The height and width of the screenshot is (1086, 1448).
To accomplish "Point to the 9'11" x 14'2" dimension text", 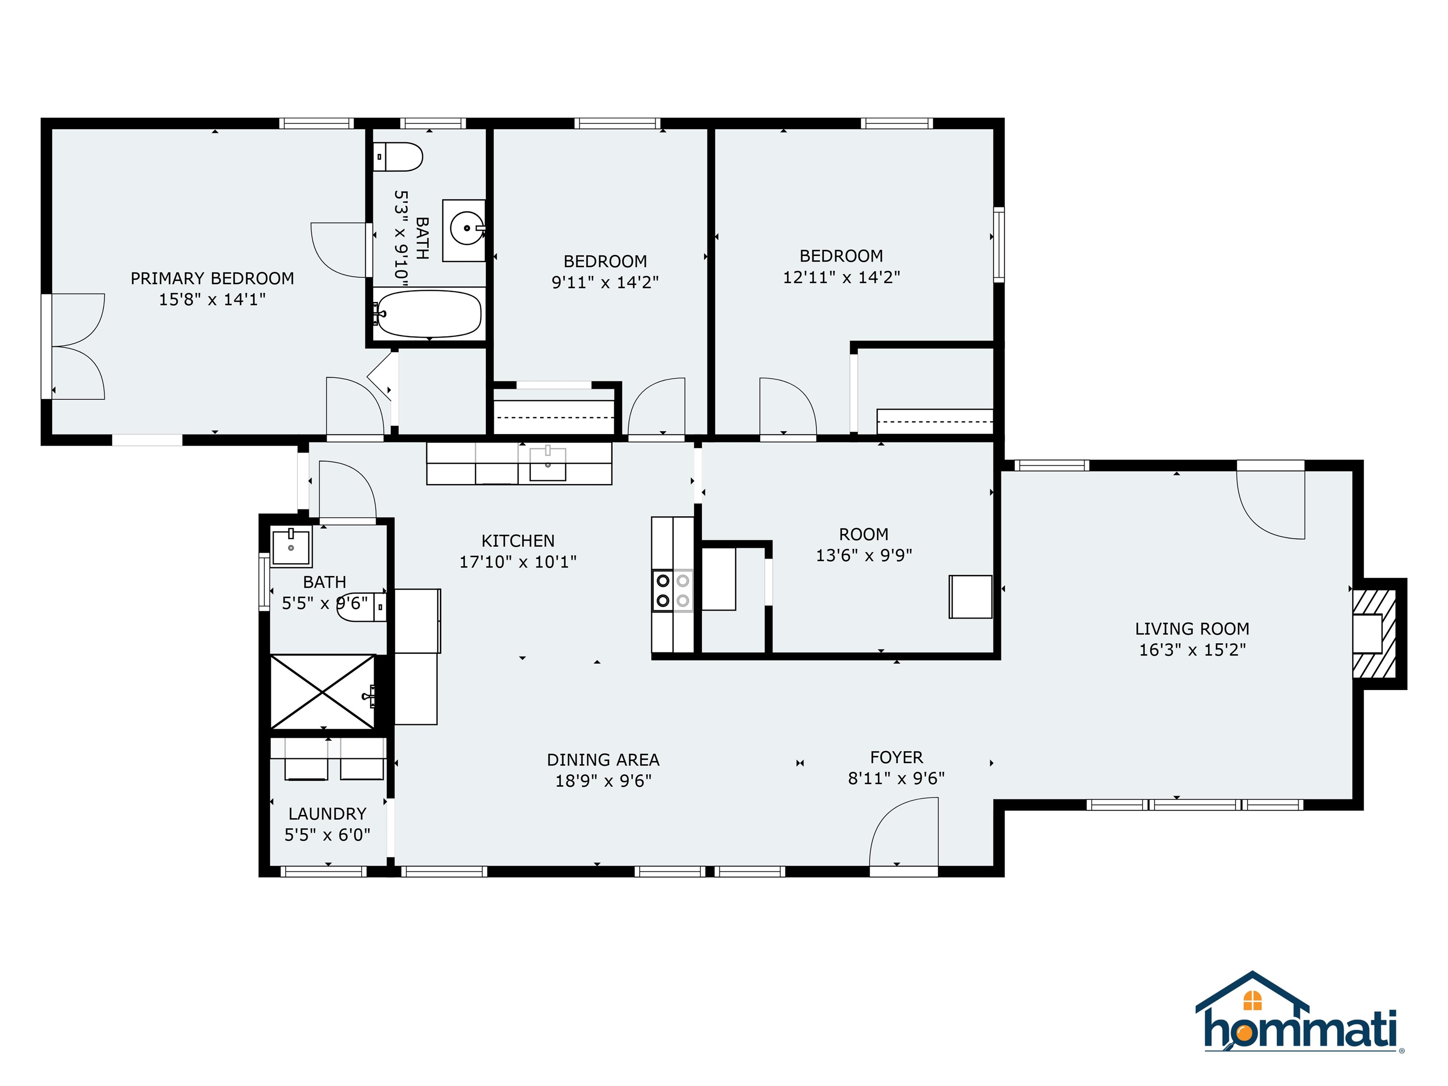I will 605,283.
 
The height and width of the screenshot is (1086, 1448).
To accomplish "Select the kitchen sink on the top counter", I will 547,463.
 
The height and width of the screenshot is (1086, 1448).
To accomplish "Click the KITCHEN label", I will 518,541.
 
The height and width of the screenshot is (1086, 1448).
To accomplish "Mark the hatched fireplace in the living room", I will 1374,633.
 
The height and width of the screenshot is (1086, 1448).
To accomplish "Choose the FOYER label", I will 896,757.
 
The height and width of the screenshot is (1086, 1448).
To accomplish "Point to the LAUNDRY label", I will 327,814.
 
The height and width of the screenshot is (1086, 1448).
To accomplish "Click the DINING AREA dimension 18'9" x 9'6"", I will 603,781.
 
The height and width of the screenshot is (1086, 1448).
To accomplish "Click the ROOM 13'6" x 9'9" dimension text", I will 864,556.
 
